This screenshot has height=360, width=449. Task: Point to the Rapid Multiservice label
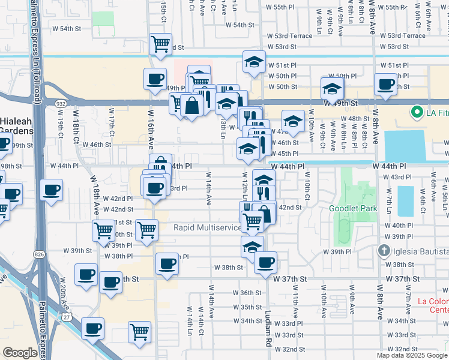(207, 227)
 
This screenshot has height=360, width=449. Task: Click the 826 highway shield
(40, 238)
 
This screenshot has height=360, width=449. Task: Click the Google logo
(20, 353)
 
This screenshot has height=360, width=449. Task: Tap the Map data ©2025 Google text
(412, 355)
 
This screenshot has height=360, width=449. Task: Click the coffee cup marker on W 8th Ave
(385, 84)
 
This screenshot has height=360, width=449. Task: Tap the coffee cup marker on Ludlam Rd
(265, 262)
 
